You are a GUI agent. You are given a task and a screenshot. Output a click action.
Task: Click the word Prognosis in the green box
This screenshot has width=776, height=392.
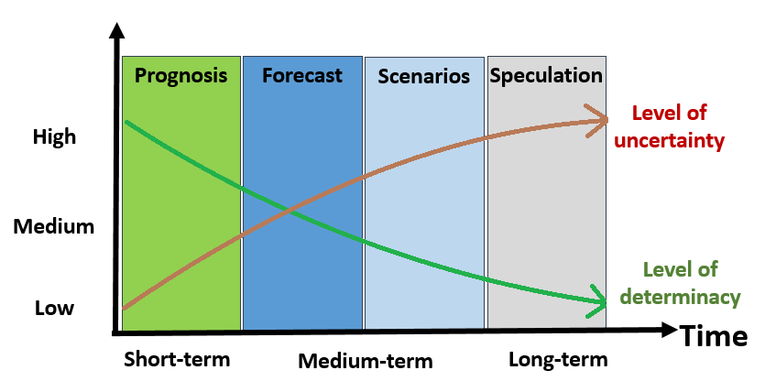pos(180,76)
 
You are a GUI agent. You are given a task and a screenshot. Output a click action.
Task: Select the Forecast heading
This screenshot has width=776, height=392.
pos(302,75)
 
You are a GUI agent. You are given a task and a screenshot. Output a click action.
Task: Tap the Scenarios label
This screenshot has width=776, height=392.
pos(423,76)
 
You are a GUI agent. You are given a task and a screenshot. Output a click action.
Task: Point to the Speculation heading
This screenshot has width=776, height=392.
pos(546,76)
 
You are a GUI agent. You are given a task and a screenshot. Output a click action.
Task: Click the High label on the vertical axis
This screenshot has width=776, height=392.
pos(54,136)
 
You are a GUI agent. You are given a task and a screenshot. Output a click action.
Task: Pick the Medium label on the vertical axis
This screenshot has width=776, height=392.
pos(53,227)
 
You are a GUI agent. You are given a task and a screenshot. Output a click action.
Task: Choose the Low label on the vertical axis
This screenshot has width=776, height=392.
pos(54,308)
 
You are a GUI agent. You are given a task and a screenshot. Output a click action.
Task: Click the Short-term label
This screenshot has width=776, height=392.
pos(177,359)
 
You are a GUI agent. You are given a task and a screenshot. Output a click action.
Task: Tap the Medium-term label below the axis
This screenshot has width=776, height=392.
pos(366,361)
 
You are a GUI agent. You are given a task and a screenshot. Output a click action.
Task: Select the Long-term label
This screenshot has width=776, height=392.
pos(558,359)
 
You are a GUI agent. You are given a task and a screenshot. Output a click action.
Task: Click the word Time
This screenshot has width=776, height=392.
pos(715,336)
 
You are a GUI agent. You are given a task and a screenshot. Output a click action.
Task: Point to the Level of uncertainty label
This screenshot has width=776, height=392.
pos(669,126)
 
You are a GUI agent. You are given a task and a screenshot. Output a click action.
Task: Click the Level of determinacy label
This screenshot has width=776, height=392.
pos(680,283)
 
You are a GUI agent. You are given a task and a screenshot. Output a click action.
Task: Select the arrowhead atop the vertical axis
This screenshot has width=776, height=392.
pos(116,31)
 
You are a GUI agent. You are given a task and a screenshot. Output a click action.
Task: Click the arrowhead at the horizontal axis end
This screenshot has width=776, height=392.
pos(669,330)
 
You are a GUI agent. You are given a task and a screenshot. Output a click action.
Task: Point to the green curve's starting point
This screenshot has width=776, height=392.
pos(126,122)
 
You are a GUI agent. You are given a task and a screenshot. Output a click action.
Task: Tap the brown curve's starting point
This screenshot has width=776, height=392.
pos(125,308)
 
